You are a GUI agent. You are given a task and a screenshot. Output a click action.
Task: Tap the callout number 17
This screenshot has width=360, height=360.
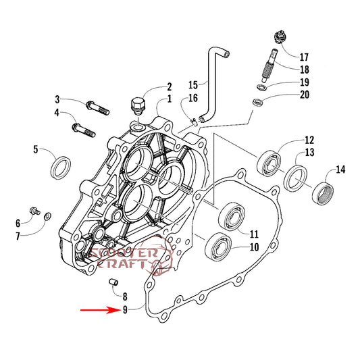304,57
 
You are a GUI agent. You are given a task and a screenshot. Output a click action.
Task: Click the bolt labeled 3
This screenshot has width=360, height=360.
97,108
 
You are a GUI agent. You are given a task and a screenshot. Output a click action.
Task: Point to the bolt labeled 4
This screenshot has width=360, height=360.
84,130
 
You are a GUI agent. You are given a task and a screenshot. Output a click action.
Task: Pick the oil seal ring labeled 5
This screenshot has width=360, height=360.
60,168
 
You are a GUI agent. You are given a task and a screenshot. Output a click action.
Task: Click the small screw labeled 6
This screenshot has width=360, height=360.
35,211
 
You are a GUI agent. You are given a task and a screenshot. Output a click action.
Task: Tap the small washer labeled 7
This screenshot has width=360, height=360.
48,216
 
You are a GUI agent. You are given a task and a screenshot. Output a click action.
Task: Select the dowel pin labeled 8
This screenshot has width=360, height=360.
113,282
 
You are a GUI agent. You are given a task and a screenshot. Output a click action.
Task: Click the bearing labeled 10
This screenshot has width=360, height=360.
218,247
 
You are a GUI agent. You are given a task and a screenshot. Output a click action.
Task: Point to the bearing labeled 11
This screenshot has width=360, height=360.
232,216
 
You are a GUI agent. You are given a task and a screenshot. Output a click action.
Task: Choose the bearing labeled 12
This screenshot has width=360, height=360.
269,163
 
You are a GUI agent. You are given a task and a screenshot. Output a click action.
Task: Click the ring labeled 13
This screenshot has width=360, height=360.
296,178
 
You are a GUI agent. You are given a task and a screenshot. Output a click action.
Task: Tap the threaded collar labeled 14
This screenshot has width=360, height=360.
323,193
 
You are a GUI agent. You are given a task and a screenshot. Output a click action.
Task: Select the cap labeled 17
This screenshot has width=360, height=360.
281,37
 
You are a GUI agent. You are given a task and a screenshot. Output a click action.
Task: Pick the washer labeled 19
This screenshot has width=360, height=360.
262,87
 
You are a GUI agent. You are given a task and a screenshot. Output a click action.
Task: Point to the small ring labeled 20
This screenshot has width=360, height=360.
257,102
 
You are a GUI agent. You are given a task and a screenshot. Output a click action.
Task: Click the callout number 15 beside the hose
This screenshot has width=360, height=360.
193,84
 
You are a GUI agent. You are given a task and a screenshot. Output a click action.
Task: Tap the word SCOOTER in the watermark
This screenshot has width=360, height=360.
124,253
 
